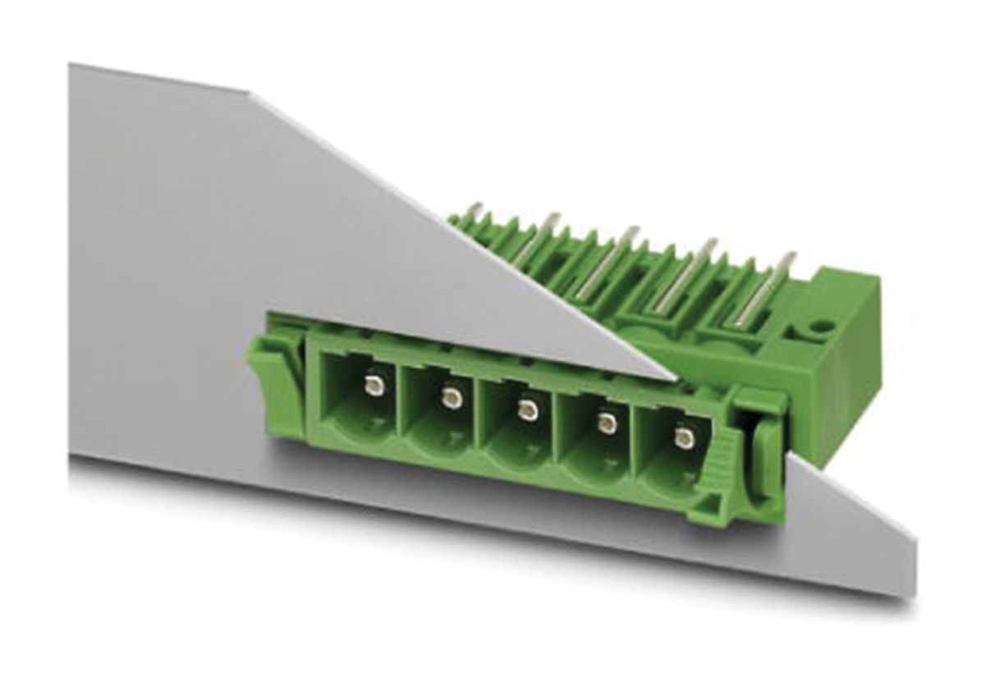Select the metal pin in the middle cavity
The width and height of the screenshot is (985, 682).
[x=528, y=410]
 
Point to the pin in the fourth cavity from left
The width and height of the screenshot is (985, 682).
[x=607, y=423]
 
